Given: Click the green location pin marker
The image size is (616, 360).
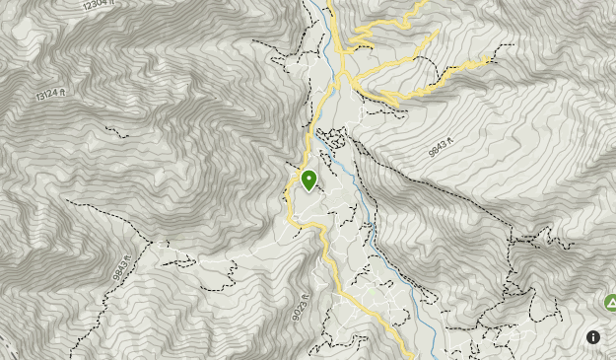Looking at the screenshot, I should [308, 180].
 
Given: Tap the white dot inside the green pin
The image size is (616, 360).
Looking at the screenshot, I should [308, 178].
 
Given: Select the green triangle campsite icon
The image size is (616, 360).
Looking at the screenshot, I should [610, 302].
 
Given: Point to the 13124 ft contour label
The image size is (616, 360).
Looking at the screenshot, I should [50, 95].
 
